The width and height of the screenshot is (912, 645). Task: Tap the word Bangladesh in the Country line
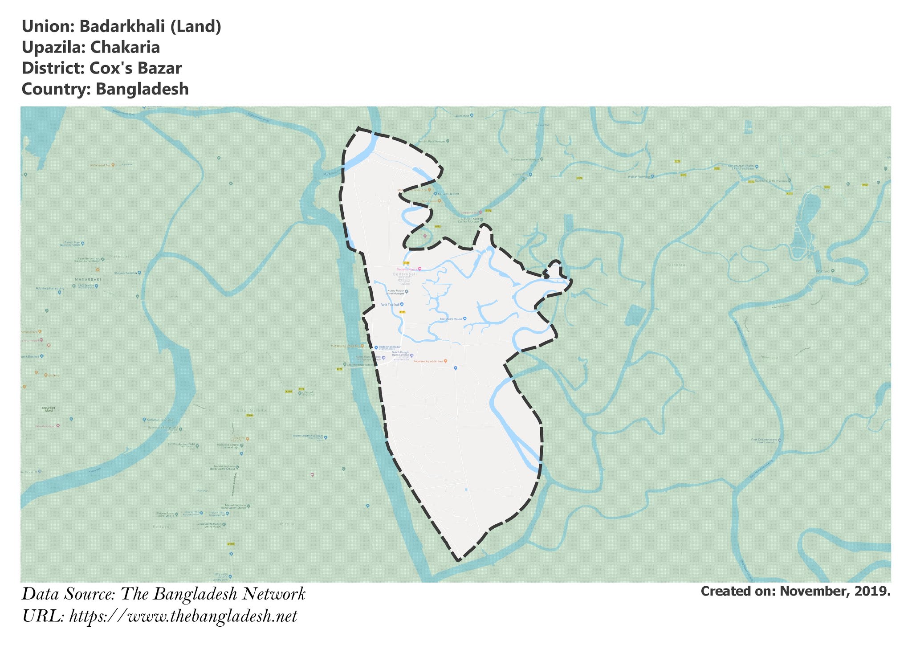point(142,89)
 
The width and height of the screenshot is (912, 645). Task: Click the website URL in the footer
point(183,616)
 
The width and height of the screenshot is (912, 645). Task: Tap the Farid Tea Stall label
point(390,305)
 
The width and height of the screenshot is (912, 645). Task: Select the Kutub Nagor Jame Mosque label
point(395,292)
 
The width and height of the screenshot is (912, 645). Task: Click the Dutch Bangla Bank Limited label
point(401,354)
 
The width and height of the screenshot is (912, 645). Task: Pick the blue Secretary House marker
point(464,318)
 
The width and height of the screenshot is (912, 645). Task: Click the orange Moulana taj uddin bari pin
point(446,361)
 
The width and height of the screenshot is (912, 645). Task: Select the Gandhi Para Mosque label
point(431,141)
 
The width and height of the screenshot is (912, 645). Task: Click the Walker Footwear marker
point(652,176)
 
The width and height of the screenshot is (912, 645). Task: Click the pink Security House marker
point(419,269)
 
